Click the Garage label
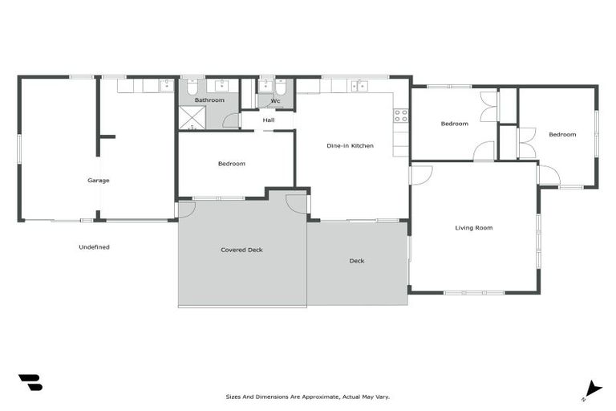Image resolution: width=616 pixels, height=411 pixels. pos(98,181)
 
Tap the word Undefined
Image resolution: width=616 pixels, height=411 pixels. pos(94,247)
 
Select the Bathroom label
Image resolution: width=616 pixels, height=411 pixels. pos(209,100)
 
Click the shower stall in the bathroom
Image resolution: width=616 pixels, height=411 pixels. pos(192,118)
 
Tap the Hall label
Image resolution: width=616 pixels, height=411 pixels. pos(269,120)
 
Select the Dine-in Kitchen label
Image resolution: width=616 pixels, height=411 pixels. pos(350,145)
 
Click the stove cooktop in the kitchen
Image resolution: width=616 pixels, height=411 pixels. pos(400,115)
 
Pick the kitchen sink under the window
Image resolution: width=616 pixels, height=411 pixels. pos(359,85)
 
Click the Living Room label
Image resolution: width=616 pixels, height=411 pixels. pos(473,228)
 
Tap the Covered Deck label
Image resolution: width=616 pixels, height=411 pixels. pos(241,250)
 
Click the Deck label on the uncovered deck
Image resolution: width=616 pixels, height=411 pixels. pos(357,261)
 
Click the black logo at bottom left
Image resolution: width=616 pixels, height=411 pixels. pos(30,383)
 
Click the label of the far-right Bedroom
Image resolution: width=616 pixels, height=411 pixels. pos(561,134)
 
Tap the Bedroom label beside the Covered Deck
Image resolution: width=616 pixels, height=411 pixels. pos(231,164)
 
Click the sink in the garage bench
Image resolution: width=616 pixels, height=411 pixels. pos(166,84)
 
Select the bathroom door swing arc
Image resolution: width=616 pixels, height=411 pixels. pos(232,121)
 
